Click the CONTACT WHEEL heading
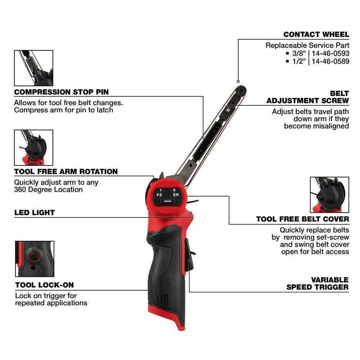pyautogui.click(x=316, y=34)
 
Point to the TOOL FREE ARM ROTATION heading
pyautogui.click(x=66, y=172)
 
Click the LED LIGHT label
pyautogui.click(x=34, y=213)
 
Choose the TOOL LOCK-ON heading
pyautogui.click(x=44, y=285)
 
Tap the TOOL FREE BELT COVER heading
pyautogui.click(x=302, y=219)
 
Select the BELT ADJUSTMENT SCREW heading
pyautogui.click(x=307, y=97)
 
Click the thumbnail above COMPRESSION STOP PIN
pyautogui.click(x=33, y=68)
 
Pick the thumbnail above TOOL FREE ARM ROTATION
pyautogui.click(x=33, y=147)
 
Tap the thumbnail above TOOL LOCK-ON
pyautogui.click(x=34, y=259)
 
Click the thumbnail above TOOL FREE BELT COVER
pyautogui.click(x=329, y=195)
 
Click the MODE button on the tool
pyautogui.click(x=167, y=202)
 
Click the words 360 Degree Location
pyautogui.click(x=48, y=190)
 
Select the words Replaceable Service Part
pyautogui.click(x=307, y=45)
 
